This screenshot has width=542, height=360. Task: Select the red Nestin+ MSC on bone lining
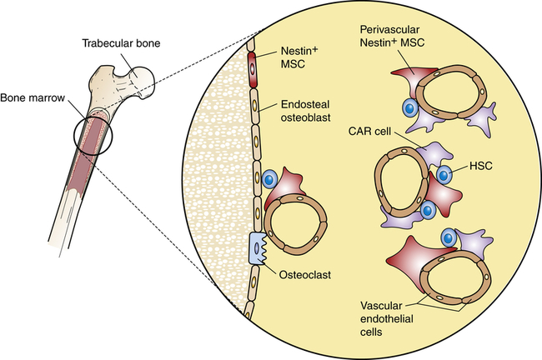(x=251, y=69)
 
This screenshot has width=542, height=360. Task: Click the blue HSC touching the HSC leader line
(x=445, y=175)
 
